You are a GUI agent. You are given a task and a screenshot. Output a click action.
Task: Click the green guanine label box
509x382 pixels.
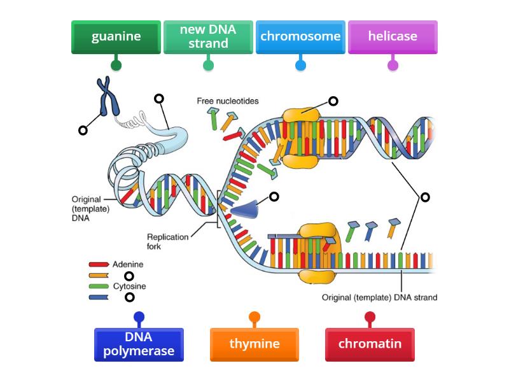point(116,37)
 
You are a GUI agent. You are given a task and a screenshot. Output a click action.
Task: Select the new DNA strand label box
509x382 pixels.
point(208,37)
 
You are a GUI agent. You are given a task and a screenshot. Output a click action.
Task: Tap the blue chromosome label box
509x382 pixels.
point(300,37)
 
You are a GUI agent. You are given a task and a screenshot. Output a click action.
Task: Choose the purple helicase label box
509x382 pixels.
point(393,37)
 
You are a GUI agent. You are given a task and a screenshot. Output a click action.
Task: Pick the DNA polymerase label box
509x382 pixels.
point(139,344)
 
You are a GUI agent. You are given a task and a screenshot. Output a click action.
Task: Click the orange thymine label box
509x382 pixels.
point(254,344)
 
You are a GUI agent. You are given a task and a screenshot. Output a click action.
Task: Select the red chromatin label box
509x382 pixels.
point(370,344)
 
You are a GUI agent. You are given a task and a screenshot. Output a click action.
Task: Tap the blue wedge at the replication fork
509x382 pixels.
point(245,208)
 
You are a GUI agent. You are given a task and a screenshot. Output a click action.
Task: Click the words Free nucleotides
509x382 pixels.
point(227,101)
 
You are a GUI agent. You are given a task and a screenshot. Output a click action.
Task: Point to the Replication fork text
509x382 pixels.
point(168,241)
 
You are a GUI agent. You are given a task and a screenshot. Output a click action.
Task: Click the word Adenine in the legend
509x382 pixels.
point(128,264)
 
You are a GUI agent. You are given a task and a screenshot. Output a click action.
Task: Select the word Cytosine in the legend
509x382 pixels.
point(129,286)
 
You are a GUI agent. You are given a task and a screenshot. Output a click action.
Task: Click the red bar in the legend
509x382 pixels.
point(99,264)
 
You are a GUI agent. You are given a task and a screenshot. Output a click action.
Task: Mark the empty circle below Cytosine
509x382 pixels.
point(130,297)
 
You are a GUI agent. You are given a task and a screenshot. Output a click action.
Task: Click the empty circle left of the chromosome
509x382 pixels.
point(83,131)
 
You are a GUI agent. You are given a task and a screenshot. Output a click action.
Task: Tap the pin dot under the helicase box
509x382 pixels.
point(393,65)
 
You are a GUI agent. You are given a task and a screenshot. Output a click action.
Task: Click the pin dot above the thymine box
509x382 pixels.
point(254,316)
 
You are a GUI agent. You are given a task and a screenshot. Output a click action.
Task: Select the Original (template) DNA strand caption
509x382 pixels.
point(379,297)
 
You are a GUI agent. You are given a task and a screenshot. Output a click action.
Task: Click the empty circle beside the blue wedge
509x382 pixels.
point(274,197)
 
